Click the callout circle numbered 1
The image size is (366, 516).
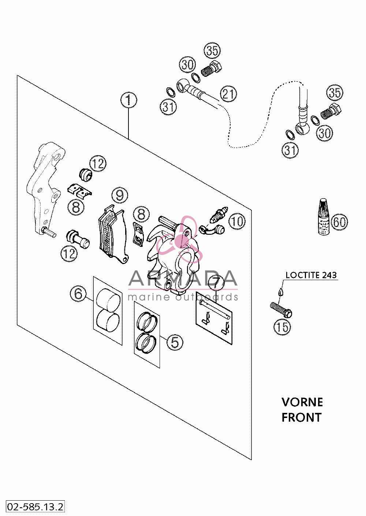[x=128, y=100]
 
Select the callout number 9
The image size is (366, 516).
[x=120, y=196]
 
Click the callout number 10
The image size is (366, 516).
[x=237, y=221]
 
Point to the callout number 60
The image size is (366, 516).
[x=339, y=222]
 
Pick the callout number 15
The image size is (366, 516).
[x=282, y=327]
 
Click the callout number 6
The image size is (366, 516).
[x=78, y=294]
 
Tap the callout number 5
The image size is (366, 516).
[x=175, y=342]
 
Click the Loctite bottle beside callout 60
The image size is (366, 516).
[x=324, y=216]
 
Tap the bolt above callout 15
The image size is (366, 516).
[x=281, y=310]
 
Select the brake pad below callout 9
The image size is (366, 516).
[x=113, y=234]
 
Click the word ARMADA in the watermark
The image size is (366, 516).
[x=183, y=279]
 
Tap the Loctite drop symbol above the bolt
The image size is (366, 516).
[x=280, y=291]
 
